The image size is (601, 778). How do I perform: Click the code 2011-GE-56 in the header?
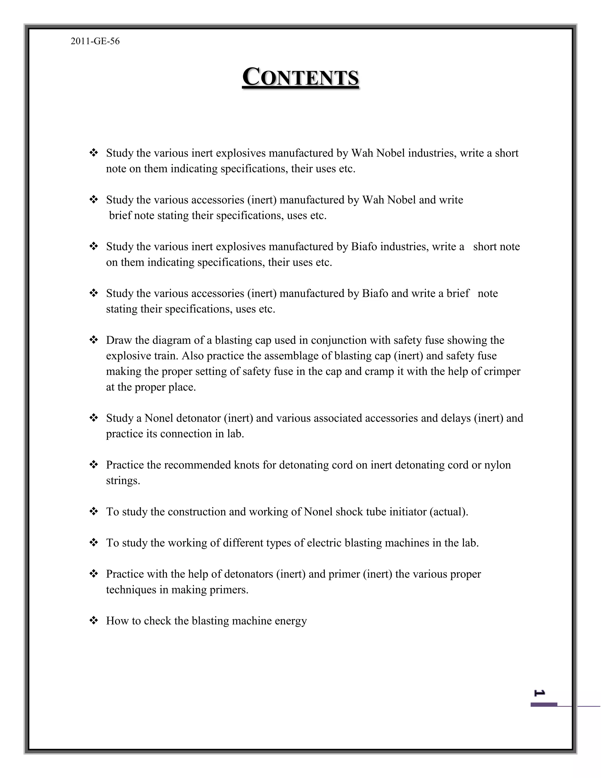coord(95,41)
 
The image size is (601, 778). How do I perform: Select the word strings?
coord(123,481)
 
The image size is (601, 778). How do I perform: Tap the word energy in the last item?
coord(291,621)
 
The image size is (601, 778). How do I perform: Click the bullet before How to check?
coord(94,621)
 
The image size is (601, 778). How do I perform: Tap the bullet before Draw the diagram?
coord(94,340)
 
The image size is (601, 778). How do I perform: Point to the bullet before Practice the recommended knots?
coord(94,464)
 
